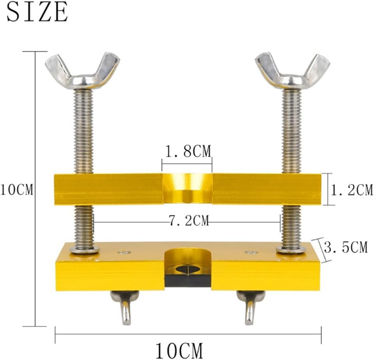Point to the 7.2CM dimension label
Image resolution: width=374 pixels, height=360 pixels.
pyautogui.click(x=189, y=221)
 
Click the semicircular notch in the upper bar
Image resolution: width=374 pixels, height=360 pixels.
pyautogui.click(x=187, y=189)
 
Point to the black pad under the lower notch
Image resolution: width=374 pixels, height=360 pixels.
pyautogui.click(x=187, y=280)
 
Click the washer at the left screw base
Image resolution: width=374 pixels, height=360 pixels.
pyautogui.click(x=85, y=249)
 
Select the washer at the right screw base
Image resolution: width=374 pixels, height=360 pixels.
pyautogui.click(x=291, y=249)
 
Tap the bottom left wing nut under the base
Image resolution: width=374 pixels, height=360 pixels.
pyautogui.click(x=125, y=307)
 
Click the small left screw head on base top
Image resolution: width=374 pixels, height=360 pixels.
pyautogui.click(x=124, y=252)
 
